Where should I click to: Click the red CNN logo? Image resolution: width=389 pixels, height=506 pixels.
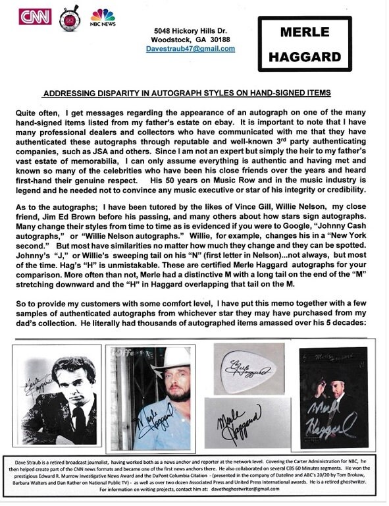34,16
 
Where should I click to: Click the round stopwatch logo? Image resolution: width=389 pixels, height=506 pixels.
68,18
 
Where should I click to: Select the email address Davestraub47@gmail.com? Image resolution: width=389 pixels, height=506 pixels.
193,48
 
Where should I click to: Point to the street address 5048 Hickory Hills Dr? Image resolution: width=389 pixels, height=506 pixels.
193,31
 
